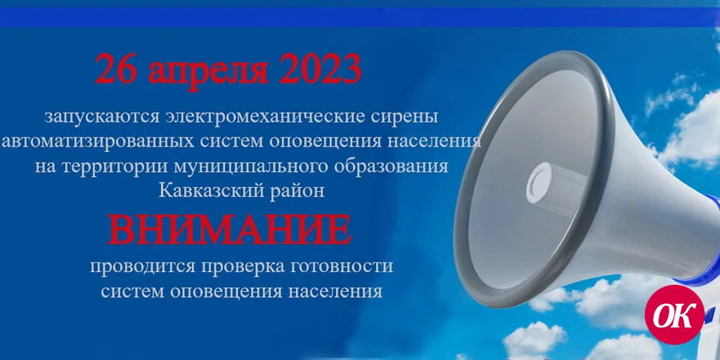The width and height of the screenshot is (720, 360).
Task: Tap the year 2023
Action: [320, 69]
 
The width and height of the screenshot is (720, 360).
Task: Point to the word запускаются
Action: [102, 117]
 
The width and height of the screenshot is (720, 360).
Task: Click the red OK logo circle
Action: [674, 314]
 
